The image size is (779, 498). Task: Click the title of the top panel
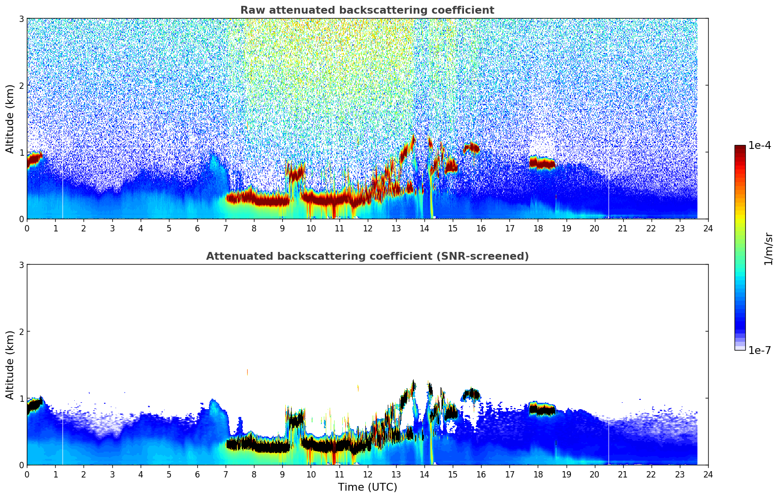coord(367,10)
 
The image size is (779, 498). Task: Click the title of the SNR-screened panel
coord(367,256)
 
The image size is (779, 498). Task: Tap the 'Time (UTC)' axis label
coord(367,487)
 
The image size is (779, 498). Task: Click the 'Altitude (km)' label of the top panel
coord(10,119)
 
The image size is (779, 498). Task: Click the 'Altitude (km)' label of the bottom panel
coord(10,365)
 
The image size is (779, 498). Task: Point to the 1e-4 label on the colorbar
coord(759,145)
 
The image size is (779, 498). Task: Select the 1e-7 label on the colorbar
coord(759,350)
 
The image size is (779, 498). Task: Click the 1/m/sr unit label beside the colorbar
coord(768,249)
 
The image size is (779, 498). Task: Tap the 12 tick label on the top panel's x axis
coord(367,228)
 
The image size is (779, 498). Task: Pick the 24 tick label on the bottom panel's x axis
coord(708,475)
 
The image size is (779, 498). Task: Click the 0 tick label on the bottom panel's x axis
coord(27,475)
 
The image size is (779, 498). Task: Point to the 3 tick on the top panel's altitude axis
coord(21,19)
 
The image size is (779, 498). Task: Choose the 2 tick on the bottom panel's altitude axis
coord(21,332)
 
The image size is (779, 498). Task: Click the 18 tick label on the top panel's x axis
coord(538,228)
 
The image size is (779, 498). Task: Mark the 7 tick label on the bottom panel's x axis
coord(226,475)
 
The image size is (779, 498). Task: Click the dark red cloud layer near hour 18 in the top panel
coord(542,163)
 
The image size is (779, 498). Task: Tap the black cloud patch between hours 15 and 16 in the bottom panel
coord(472,394)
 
